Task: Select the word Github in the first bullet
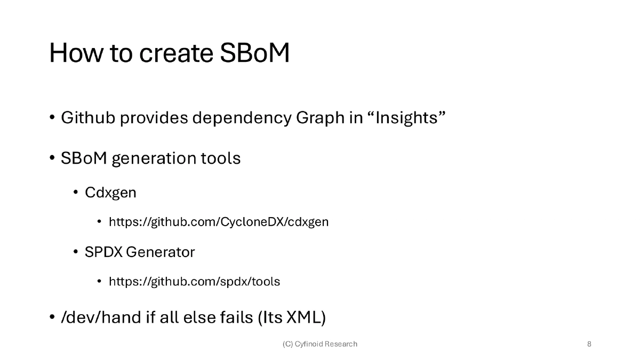[x=88, y=117]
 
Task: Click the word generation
[x=153, y=158]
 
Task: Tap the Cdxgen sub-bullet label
[x=110, y=193]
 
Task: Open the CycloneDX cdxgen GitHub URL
[x=219, y=222]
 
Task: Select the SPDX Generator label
[x=140, y=252]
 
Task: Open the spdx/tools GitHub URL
[x=194, y=281]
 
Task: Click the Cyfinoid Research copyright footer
[x=320, y=344]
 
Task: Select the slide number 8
[x=589, y=344]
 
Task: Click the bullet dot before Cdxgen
[x=76, y=193]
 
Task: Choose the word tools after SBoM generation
[x=221, y=158]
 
